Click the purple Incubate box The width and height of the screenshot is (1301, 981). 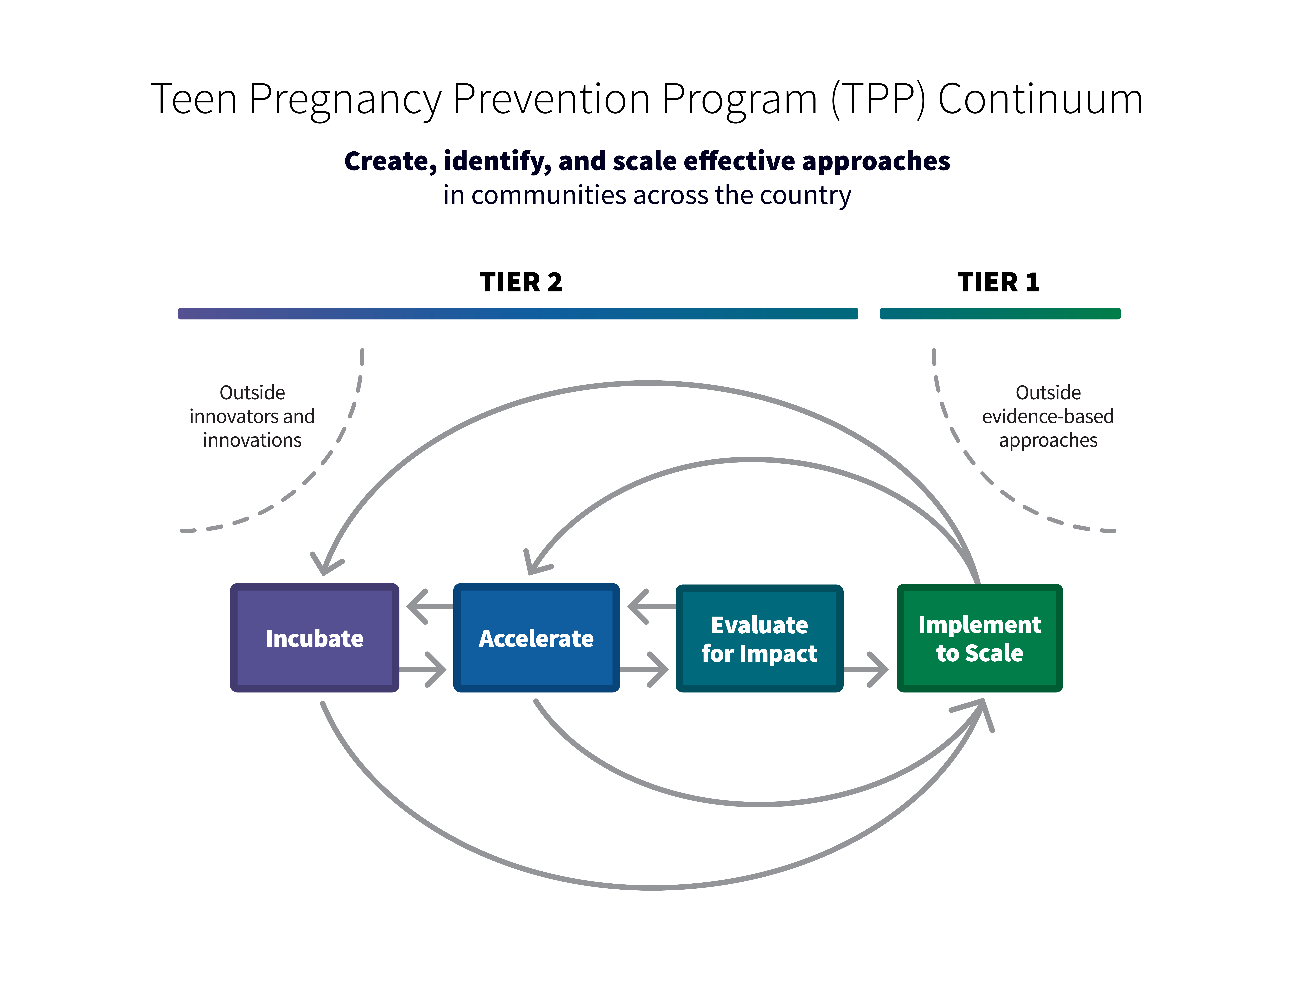click(315, 638)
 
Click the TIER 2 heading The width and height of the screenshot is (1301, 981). click(521, 282)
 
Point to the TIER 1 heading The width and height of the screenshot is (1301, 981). click(999, 282)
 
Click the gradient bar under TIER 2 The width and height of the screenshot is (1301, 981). click(518, 313)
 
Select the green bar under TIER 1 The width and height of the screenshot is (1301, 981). click(1000, 313)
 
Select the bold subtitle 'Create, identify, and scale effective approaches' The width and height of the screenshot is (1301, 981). click(647, 161)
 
